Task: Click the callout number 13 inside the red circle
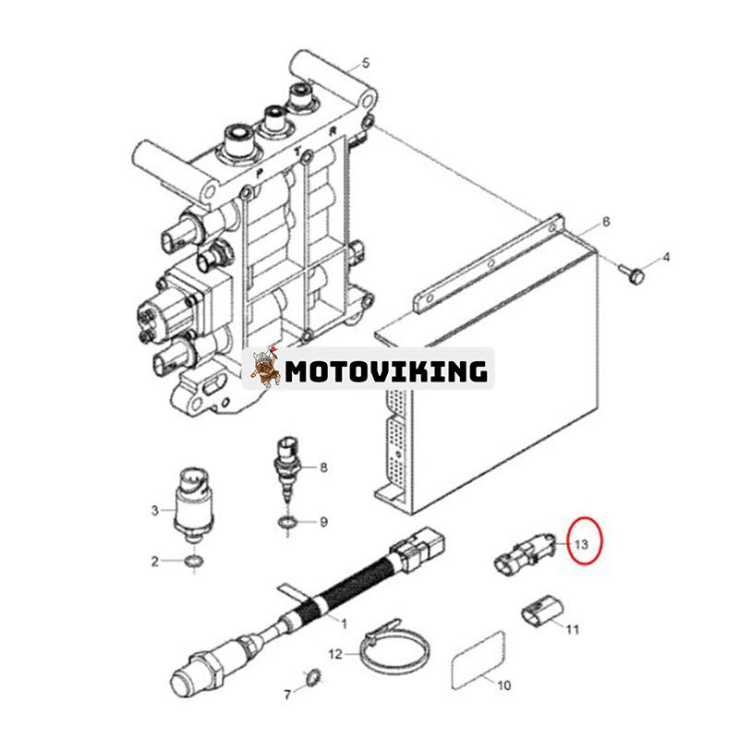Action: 581,544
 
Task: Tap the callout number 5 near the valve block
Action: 366,63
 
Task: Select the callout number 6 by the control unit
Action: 606,221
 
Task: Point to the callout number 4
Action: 666,258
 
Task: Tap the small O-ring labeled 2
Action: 193,562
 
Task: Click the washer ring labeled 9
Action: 287,523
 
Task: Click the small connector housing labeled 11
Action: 542,612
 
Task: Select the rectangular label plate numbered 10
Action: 478,660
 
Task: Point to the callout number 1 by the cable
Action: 344,624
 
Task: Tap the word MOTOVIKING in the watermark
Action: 386,371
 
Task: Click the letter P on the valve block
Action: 260,174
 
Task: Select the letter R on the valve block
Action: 333,132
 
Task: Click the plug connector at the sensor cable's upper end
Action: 418,547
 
